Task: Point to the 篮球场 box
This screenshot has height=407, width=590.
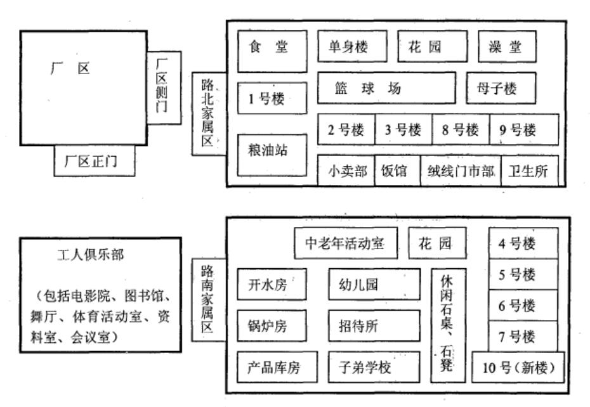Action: coord(386,88)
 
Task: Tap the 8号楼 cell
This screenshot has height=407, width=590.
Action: coord(461,130)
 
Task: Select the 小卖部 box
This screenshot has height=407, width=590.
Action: coord(346,171)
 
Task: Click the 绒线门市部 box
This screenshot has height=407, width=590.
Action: coord(460,171)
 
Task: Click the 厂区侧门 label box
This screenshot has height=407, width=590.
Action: coord(163,87)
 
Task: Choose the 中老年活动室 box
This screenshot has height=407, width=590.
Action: coord(346,243)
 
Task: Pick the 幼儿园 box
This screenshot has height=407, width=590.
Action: coord(374,284)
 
